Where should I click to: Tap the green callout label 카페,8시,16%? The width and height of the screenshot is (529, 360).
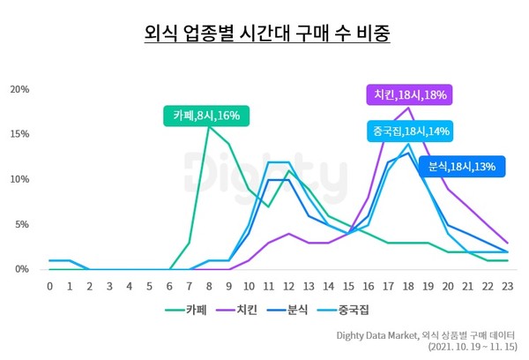206,116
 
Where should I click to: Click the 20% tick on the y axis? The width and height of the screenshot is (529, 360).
20,89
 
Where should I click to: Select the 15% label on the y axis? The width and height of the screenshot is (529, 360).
20,134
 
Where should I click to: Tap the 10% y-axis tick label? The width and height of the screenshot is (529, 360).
20,179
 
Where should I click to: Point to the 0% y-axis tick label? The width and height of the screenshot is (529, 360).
23,269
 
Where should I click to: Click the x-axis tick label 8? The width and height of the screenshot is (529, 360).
209,286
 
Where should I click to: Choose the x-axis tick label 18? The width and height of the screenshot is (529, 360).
407,286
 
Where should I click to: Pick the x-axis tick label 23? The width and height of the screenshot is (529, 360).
507,286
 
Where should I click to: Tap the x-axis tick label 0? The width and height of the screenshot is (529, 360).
50,286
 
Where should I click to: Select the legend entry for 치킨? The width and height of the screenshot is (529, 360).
250,309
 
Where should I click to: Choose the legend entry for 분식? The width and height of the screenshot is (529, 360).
314,309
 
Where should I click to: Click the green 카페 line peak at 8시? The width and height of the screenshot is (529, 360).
209,126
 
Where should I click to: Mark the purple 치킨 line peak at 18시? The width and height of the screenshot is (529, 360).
407,108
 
